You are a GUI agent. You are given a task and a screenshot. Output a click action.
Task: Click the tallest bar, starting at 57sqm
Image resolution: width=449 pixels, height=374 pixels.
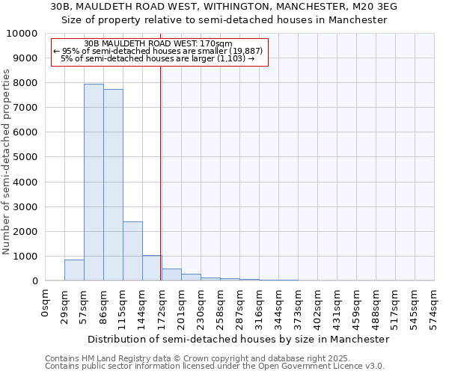pos(94,183)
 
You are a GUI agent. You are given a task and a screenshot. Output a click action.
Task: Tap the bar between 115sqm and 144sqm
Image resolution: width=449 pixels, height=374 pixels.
pos(132,251)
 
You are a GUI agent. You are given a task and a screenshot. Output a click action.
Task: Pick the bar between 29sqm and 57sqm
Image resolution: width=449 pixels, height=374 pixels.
pos(74,270)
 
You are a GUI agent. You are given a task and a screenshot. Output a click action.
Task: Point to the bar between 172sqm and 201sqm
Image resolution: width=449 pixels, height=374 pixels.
pos(171,275)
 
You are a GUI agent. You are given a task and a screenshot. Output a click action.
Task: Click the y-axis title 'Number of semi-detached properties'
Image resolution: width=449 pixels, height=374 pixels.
pos(7,162)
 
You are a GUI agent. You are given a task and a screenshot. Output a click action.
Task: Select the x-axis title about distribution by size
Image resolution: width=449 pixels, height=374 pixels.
pos(239,339)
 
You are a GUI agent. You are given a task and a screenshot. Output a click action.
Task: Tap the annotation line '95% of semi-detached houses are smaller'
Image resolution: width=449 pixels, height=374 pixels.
pos(158,51)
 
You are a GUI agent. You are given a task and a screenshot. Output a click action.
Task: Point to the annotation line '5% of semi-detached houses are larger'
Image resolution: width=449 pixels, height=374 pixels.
pos(158,58)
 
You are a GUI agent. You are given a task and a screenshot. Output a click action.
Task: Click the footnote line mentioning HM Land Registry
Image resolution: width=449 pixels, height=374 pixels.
pos(213,358)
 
